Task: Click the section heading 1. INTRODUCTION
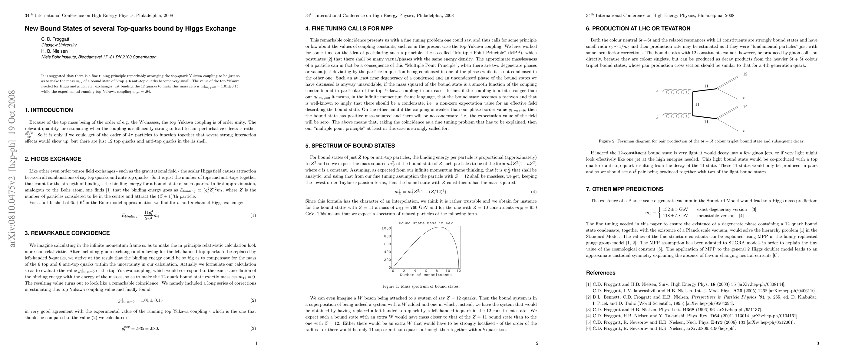[x=49, y=110]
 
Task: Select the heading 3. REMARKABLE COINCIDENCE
[x=67, y=233]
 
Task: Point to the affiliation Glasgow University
[x=59, y=45]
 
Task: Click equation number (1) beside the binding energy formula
[x=253, y=215]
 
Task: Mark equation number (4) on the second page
[x=534, y=192]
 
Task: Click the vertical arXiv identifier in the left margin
[x=12, y=168]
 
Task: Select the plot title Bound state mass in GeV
[x=426, y=223]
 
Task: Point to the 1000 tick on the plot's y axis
[x=386, y=228]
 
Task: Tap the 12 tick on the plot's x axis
[x=459, y=271]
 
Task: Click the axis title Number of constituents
[x=425, y=275]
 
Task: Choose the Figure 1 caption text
[x=421, y=286]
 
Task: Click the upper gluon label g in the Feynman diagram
[x=657, y=90]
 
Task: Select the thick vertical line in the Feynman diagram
[x=693, y=104]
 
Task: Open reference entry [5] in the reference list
[x=690, y=322]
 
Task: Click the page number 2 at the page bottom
[x=537, y=343]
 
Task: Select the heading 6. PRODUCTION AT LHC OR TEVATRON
[x=638, y=29]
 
